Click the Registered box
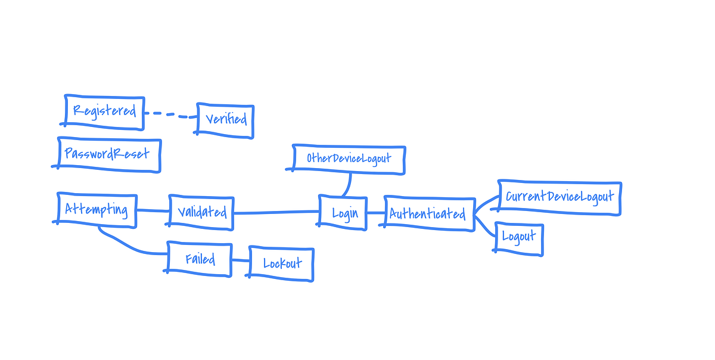point(104,111)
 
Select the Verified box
point(225,120)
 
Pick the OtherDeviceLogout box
point(349,159)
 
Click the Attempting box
point(97,210)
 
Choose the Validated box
point(201,212)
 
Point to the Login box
point(343,212)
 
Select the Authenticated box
point(428,213)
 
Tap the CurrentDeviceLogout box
point(559,197)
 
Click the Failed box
point(200,260)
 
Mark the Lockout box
point(281,263)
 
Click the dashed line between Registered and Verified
point(170,114)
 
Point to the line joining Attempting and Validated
point(153,210)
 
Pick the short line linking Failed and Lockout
point(240,260)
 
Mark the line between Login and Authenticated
point(375,212)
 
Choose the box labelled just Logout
point(518,237)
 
